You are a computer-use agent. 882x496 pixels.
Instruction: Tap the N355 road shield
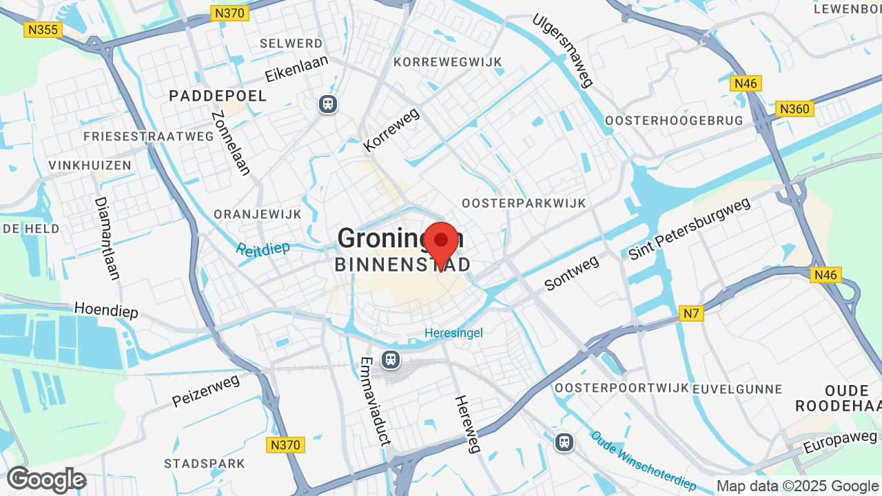click(43, 30)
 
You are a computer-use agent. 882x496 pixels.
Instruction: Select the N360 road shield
click(794, 109)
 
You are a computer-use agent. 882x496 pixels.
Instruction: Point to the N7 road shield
click(691, 314)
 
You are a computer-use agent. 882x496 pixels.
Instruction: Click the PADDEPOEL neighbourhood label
click(218, 96)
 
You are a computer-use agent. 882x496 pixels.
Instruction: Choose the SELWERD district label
click(291, 43)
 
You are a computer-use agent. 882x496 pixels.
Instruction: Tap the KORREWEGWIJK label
click(448, 62)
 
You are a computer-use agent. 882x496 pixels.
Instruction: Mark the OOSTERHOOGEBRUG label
click(674, 121)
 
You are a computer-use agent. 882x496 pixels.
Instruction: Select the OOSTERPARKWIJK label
click(524, 203)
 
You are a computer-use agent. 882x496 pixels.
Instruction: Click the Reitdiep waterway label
click(263, 249)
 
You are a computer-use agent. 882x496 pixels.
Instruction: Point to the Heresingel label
click(453, 333)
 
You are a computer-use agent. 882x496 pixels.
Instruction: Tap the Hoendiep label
click(106, 311)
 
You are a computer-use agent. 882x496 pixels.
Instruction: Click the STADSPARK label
click(205, 463)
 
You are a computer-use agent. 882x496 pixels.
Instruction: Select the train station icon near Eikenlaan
click(327, 104)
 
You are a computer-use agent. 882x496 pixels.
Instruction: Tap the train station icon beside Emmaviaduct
click(391, 359)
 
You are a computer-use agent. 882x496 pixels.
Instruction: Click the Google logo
click(46, 479)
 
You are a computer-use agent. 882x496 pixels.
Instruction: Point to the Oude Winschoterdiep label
click(644, 462)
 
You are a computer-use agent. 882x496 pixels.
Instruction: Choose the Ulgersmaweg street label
click(562, 50)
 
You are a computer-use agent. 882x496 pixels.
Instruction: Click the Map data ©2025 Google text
click(797, 486)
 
